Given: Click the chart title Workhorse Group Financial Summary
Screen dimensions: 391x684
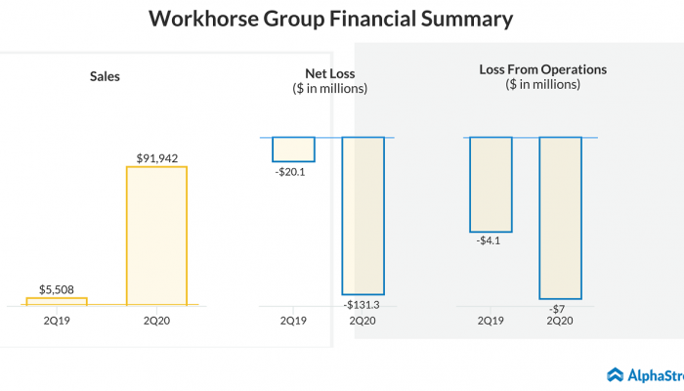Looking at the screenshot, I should coord(329,19).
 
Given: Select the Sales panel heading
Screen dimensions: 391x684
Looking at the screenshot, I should coord(105,75).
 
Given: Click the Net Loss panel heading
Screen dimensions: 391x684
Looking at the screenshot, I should coord(329,73).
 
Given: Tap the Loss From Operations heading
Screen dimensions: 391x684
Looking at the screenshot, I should coord(543,69).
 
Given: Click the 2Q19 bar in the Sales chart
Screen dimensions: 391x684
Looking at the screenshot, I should coord(56,301).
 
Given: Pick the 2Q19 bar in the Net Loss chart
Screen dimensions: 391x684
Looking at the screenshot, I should coord(293,149).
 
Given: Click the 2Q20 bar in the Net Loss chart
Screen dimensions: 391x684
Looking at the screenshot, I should coord(363,215).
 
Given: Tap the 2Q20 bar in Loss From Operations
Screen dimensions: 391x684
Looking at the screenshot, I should coord(560,217).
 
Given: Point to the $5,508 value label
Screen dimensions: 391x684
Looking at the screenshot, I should coord(56,288).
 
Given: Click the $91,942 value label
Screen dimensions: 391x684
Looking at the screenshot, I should coord(156,156).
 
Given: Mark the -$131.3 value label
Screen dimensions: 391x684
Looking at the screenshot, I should coord(363,305).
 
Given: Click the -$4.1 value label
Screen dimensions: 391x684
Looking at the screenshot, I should coord(491,239).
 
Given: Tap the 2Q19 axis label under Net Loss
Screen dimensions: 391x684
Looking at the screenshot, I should coord(293,320).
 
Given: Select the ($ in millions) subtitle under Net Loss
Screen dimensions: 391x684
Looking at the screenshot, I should coord(329,89).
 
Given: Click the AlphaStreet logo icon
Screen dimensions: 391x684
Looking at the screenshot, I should coord(616,374).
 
